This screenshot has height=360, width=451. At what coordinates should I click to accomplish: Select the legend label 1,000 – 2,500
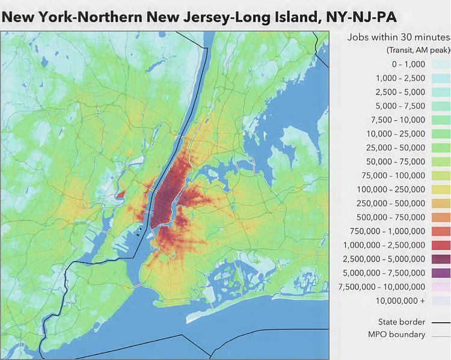click(x=400, y=78)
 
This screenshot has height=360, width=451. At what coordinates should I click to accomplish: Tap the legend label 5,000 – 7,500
click(x=400, y=106)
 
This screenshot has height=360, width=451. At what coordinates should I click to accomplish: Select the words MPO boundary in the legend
click(x=397, y=335)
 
